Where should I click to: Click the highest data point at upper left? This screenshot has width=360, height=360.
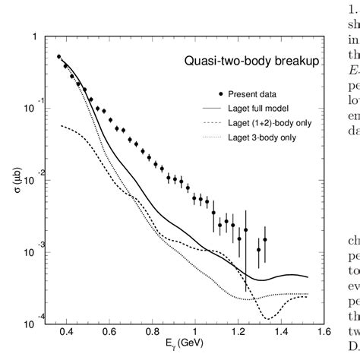[x=59, y=56]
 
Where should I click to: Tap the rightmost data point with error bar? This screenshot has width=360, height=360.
[x=265, y=239]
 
